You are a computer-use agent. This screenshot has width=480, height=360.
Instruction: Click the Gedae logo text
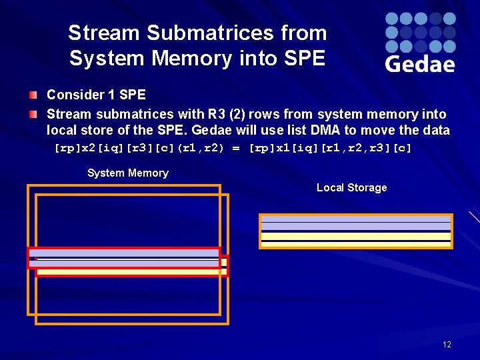point(419,63)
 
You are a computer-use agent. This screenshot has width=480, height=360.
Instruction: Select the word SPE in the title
point(303,58)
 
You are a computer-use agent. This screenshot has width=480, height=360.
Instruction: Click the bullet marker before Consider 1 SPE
point(33,95)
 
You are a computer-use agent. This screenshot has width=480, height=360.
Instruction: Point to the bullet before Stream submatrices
point(33,115)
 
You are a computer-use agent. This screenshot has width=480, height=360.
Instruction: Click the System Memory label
point(127,173)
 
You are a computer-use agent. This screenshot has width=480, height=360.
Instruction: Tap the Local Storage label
point(351,187)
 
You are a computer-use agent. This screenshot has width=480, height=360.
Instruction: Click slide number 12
point(446,345)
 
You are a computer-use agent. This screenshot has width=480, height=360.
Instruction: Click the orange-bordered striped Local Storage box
point(356,231)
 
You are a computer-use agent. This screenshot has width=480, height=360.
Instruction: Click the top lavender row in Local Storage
point(356,219)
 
